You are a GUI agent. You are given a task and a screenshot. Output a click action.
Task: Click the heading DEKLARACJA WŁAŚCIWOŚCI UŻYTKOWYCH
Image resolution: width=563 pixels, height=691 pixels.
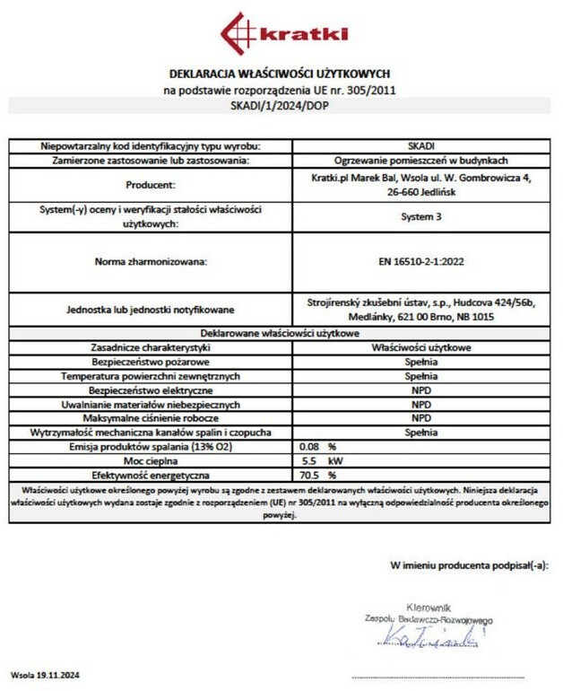(280, 74)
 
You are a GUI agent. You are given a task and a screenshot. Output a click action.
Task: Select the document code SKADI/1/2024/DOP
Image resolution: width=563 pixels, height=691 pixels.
(280, 106)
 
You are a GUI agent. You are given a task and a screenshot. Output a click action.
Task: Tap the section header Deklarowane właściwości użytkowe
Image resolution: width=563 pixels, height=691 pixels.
(280, 333)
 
